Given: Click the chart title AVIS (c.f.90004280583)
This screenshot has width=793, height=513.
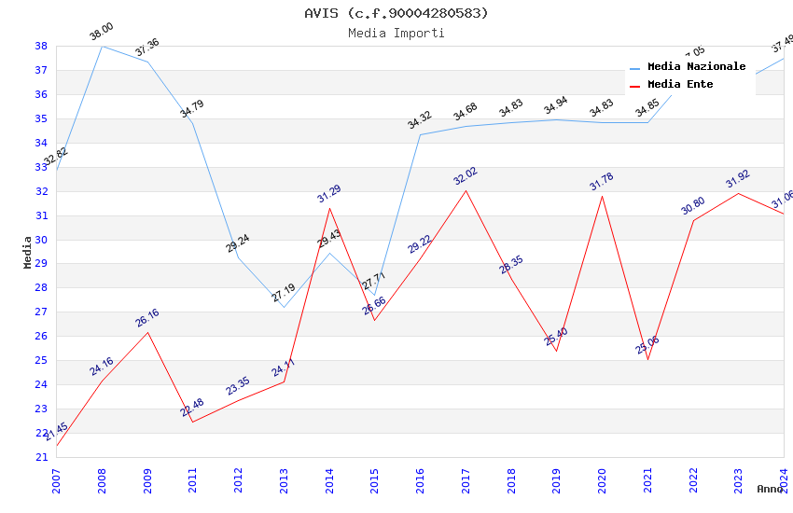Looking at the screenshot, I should [x=396, y=13].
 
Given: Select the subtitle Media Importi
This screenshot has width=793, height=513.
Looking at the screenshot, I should [x=396, y=34].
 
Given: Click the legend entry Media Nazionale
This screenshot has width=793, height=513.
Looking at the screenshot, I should [x=696, y=67].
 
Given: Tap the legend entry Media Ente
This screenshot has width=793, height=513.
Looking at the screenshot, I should [x=680, y=85].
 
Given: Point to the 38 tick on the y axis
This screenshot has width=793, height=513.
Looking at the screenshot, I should [x=41, y=46].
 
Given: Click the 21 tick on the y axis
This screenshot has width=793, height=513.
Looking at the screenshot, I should [x=41, y=457].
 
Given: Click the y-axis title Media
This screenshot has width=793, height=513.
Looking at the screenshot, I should [x=28, y=252].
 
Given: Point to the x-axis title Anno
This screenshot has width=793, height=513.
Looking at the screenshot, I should [x=770, y=489].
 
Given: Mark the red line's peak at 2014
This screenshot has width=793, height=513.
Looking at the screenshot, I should [x=329, y=208].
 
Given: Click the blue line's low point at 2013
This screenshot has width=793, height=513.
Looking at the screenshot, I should [x=284, y=307].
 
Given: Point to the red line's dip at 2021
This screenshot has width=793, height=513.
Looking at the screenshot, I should [x=647, y=359].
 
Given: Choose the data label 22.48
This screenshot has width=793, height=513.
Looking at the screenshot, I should [x=192, y=408].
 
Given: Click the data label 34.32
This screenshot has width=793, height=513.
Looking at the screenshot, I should [x=420, y=120].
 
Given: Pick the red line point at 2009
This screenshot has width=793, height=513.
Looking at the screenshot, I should [x=147, y=332].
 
